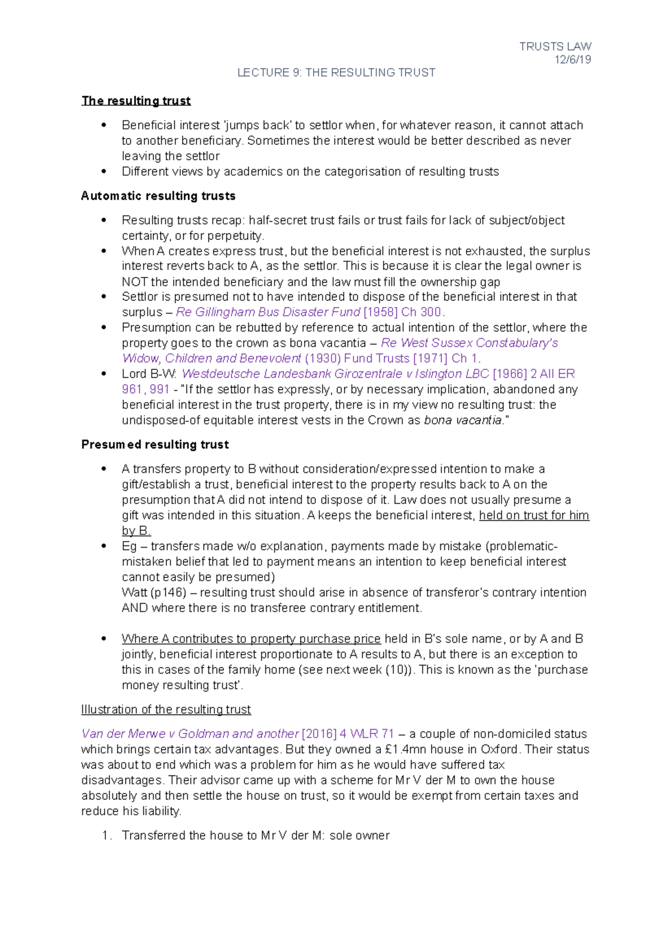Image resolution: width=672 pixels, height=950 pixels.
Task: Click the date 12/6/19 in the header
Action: (x=572, y=60)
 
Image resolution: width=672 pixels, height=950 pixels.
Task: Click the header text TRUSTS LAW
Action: (x=555, y=46)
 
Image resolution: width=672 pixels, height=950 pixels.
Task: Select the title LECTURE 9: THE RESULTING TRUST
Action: (x=336, y=73)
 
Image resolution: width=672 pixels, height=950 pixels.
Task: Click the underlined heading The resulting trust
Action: (x=136, y=101)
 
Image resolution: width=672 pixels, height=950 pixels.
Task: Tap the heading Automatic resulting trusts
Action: (x=158, y=196)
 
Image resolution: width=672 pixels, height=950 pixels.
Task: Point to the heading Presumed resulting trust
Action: (x=155, y=444)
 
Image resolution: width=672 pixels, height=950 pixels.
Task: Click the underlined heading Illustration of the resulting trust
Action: (x=166, y=709)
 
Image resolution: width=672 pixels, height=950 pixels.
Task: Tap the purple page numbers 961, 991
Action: (x=146, y=389)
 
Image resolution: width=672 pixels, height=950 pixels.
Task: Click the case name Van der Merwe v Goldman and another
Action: (x=190, y=733)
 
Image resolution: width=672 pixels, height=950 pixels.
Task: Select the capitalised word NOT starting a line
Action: (x=134, y=282)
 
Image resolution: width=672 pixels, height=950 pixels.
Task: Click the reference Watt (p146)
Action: (x=154, y=592)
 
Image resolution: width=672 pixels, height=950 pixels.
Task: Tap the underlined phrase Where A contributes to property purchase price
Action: (x=251, y=639)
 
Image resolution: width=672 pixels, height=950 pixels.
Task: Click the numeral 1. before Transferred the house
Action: (x=107, y=836)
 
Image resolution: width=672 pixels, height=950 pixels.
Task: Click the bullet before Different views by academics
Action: (x=104, y=171)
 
